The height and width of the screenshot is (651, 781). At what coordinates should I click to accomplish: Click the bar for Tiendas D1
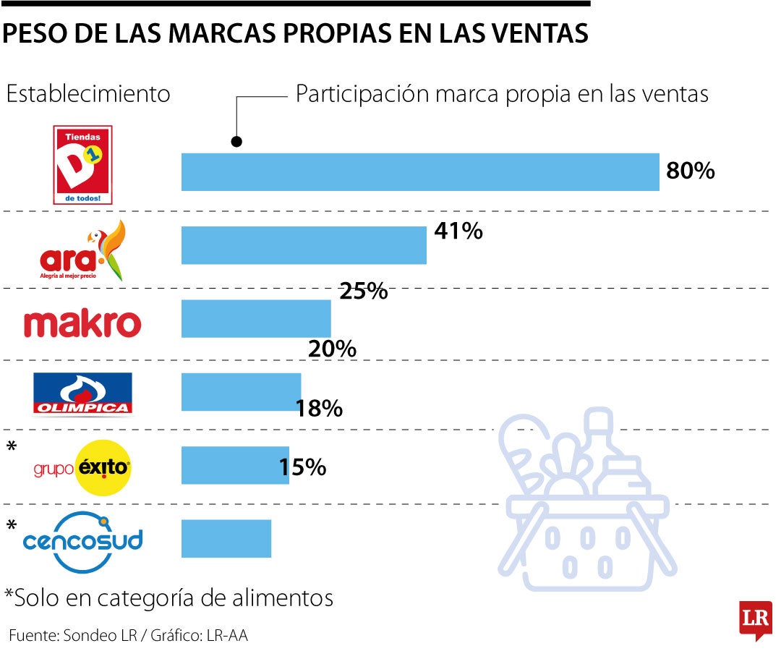point(419,172)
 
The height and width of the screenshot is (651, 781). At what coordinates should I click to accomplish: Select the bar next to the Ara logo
point(304,245)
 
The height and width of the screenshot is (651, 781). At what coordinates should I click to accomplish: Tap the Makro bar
point(255,318)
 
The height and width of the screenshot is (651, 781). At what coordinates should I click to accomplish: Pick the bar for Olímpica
point(241,392)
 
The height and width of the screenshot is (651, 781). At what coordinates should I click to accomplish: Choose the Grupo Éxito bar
point(234,465)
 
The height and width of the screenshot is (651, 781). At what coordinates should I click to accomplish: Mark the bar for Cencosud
point(226,539)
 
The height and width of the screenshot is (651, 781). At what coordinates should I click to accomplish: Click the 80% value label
point(690,171)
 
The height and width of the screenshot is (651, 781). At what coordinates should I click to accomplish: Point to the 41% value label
point(458,231)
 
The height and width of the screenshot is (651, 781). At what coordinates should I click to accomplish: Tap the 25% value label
point(364,292)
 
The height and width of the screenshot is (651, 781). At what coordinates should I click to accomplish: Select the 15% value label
point(303,467)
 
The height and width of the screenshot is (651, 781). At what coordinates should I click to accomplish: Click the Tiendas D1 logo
point(84,165)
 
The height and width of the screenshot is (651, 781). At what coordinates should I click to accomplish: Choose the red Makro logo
point(82,324)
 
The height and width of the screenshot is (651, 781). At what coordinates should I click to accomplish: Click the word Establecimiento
point(88,95)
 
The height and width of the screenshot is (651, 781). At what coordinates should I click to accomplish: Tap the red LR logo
point(755,619)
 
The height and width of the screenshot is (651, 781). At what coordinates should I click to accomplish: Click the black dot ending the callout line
point(236,142)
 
